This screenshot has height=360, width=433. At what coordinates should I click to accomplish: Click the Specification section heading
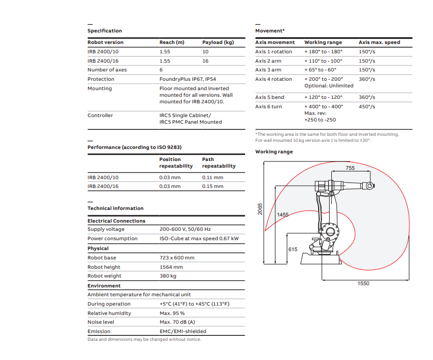(x=104, y=31)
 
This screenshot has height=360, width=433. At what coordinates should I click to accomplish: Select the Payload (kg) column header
(x=218, y=42)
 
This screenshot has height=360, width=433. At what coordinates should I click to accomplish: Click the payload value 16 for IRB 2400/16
(x=206, y=61)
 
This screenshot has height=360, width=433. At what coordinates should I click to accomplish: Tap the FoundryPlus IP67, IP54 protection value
(x=188, y=79)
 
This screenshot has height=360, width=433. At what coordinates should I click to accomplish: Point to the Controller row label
(x=100, y=115)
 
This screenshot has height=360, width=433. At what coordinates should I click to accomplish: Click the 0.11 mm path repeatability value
(x=213, y=178)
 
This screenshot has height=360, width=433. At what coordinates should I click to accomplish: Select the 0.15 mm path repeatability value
(x=213, y=186)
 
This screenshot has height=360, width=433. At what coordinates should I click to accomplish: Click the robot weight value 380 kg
(x=168, y=276)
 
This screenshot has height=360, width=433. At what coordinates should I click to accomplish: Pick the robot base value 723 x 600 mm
(x=177, y=258)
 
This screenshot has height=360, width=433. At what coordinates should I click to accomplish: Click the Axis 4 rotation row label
(x=274, y=79)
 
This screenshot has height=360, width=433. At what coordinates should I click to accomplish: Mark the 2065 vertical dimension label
(x=260, y=209)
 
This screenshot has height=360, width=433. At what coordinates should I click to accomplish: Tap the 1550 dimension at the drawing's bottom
(x=363, y=284)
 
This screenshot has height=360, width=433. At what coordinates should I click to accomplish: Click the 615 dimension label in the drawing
(x=292, y=250)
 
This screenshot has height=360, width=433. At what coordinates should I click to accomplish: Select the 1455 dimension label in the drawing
(x=282, y=215)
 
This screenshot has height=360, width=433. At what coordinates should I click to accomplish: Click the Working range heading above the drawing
(x=274, y=152)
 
